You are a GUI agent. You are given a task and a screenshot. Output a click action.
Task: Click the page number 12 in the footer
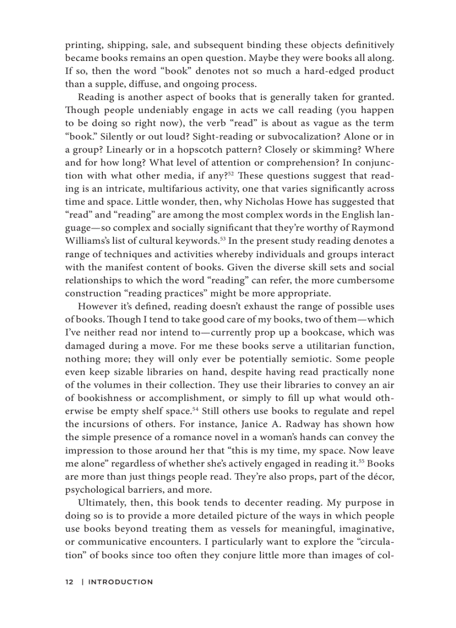[x=69, y=582]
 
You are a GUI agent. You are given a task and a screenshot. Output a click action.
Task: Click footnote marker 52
[x=230, y=173]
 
